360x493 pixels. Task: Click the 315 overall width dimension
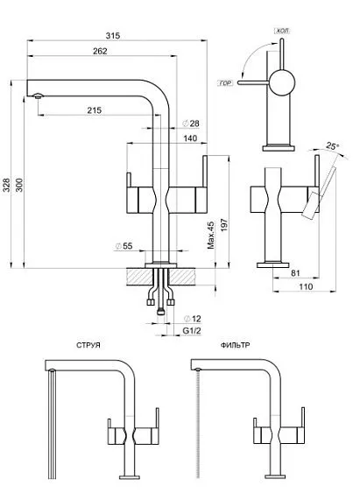112,35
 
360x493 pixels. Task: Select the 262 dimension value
99,52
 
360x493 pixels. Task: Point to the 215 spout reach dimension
95,110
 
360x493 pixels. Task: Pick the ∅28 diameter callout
191,124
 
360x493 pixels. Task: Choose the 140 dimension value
190,138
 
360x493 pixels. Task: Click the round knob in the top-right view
282,83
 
